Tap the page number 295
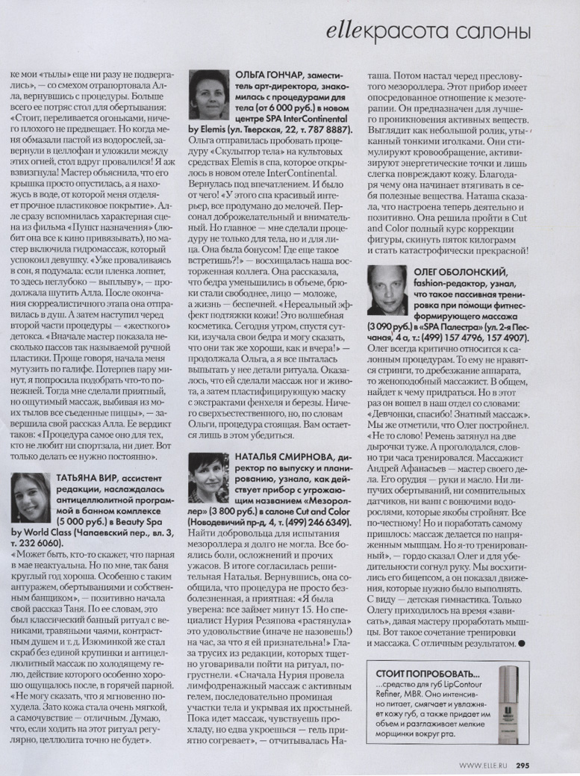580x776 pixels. pyautogui.click(x=523, y=764)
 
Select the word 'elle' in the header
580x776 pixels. pyautogui.click(x=345, y=32)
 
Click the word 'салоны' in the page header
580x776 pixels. pyautogui.click(x=496, y=32)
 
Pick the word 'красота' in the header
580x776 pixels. pyautogui.click(x=412, y=32)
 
